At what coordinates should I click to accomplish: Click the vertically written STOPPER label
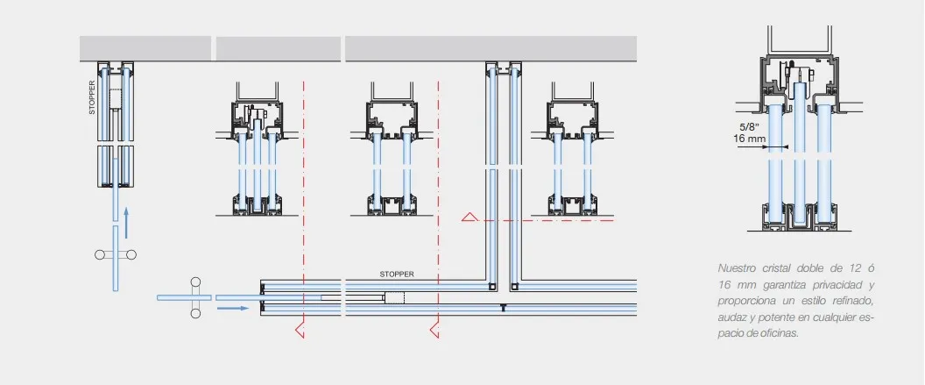click(92, 97)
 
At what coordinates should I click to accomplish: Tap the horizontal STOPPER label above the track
click(397, 274)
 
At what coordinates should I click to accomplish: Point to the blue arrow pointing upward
click(126, 222)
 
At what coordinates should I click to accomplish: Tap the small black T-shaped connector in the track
click(503, 307)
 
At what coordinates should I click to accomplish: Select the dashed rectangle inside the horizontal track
click(394, 297)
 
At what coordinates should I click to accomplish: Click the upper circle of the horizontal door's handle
click(195, 282)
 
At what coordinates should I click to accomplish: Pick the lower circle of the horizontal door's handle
click(195, 313)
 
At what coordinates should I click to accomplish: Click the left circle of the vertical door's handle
click(100, 254)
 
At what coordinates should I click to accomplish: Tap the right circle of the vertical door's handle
click(131, 254)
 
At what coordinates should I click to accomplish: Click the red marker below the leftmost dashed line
click(300, 330)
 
